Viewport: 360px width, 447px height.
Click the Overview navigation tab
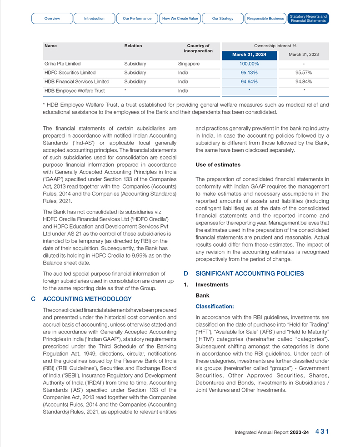pos(52,19)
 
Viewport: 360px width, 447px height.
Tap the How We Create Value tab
pos(180,19)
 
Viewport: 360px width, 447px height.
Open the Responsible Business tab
pos(265,19)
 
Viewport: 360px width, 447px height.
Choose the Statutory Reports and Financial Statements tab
pos(308,19)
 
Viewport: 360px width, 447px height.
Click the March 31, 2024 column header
pos(249,55)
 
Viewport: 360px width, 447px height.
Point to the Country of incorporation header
pos(198,48)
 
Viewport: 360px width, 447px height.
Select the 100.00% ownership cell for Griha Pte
pos(249,64)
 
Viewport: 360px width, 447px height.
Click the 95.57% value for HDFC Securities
pos(304,73)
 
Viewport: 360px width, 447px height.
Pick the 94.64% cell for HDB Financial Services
pos(249,82)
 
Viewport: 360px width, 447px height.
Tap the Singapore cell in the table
pos(189,64)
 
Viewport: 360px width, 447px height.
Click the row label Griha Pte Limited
pos(62,64)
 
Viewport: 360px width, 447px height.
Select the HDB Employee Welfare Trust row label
pos(75,91)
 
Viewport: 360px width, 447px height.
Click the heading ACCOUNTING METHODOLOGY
pos(87,299)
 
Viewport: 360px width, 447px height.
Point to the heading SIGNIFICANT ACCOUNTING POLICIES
pos(250,273)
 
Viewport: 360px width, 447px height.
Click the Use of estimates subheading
pos(218,164)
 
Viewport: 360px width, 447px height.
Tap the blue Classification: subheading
pos(215,307)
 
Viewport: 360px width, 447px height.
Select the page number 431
pos(322,432)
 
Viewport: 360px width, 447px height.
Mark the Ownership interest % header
pos(275,46)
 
